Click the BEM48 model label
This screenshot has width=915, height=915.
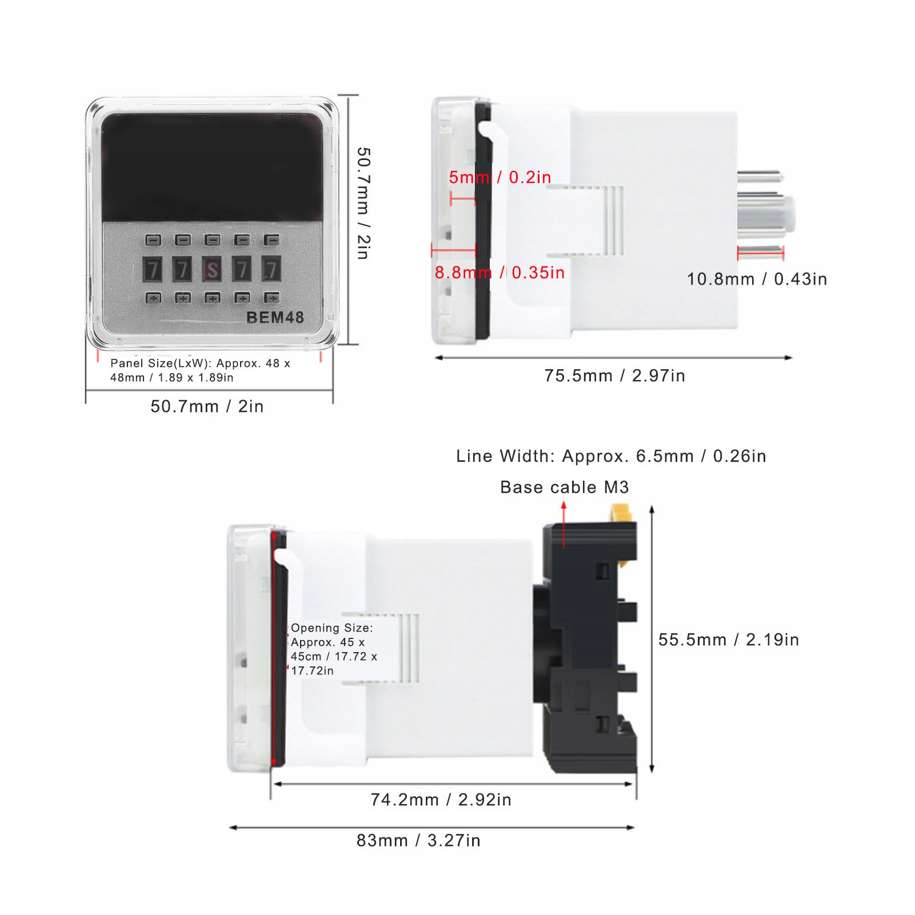[275, 317]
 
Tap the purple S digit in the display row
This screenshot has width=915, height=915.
[212, 269]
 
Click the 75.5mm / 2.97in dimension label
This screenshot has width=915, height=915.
[614, 375]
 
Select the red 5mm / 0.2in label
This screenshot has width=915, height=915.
[500, 177]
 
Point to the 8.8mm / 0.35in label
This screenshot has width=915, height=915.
[500, 273]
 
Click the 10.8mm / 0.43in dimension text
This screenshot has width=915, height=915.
[757, 279]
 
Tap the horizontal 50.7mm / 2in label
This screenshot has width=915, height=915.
[207, 406]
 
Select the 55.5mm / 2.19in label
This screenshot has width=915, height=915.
[729, 640]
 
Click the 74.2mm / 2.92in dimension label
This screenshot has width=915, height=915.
[441, 800]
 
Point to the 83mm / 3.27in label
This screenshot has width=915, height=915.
[418, 841]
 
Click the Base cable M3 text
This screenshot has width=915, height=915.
[564, 487]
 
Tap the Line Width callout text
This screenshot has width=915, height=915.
[611, 456]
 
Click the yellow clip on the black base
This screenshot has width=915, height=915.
[621, 513]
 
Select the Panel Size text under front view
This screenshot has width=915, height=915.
[200, 370]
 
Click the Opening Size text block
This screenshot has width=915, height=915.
[333, 649]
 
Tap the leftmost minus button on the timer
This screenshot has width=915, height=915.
[153, 240]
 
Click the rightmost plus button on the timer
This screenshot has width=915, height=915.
[271, 298]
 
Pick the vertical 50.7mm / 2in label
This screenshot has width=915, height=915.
[363, 203]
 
